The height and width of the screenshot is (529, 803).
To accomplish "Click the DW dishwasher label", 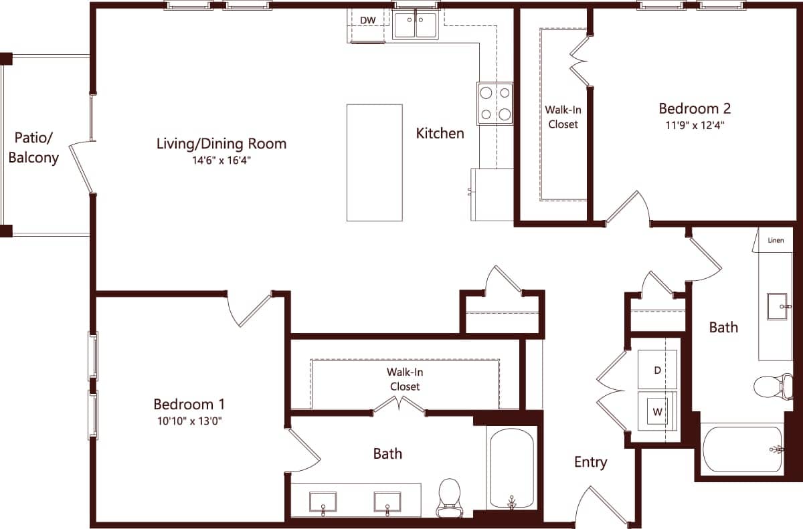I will click(367, 20).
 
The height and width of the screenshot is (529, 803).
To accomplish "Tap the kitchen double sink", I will click(416, 26).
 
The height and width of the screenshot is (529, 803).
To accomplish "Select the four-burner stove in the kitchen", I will click(495, 104).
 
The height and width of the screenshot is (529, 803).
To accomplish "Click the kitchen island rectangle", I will click(374, 163).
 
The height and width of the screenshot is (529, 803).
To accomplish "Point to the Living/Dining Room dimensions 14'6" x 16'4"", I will click(221, 161).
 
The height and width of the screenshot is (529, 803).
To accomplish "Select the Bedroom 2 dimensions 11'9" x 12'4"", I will click(694, 125).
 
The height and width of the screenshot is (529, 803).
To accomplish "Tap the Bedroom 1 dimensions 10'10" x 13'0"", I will click(189, 421).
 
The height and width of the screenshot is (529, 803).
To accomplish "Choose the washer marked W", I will click(657, 412).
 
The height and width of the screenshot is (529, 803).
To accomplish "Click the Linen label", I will click(776, 240).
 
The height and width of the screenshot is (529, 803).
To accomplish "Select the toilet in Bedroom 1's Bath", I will click(449, 497).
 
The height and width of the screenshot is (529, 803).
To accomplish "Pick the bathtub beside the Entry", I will click(512, 468).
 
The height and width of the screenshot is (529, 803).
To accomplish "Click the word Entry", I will click(590, 462).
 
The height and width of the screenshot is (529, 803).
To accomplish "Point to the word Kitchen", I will click(440, 133).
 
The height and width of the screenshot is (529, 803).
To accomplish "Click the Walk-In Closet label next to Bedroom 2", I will click(562, 117).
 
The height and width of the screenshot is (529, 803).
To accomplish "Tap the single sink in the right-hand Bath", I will click(776, 306).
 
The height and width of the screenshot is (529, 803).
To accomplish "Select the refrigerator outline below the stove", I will click(492, 194).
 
